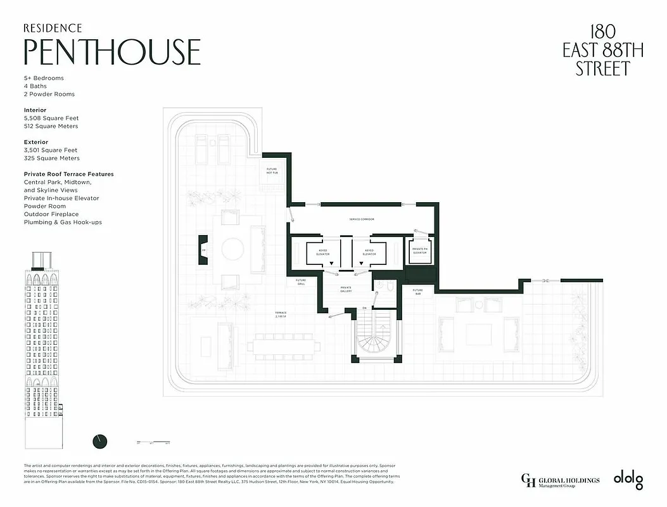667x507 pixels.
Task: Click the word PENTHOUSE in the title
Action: point(112,52)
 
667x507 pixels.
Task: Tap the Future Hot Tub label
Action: point(272,171)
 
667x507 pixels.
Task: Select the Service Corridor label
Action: point(362,219)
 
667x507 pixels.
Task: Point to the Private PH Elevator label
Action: point(419,251)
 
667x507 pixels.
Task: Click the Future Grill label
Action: point(301,282)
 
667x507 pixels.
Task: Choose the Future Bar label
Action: point(418,292)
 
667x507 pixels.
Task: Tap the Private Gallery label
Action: point(346,288)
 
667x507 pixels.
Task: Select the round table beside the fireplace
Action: point(231,249)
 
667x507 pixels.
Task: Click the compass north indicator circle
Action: point(99,441)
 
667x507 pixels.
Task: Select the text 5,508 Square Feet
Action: point(51,118)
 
